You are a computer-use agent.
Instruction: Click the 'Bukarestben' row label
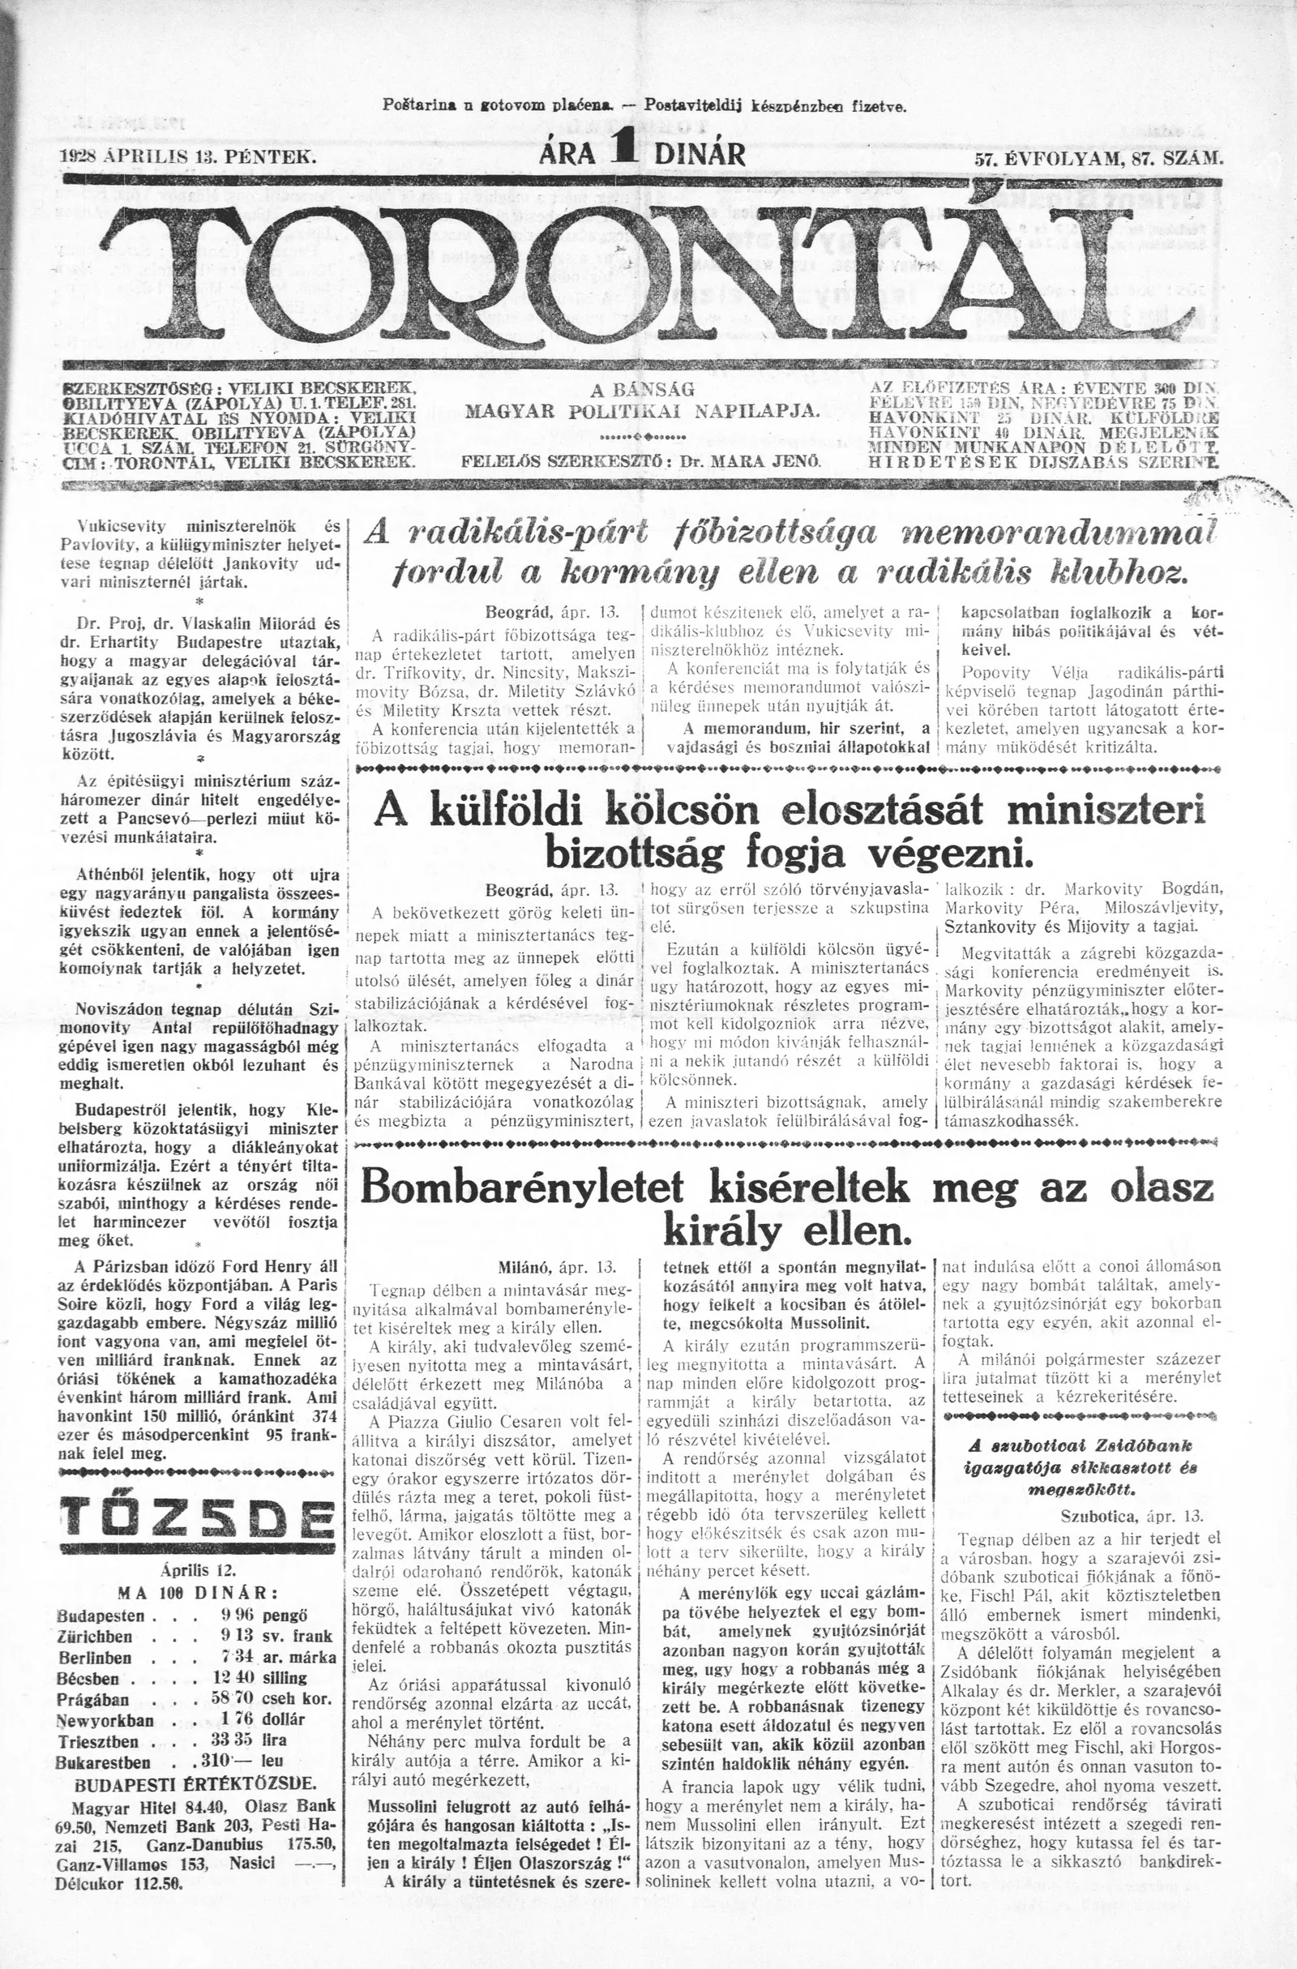tap(105, 1782)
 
